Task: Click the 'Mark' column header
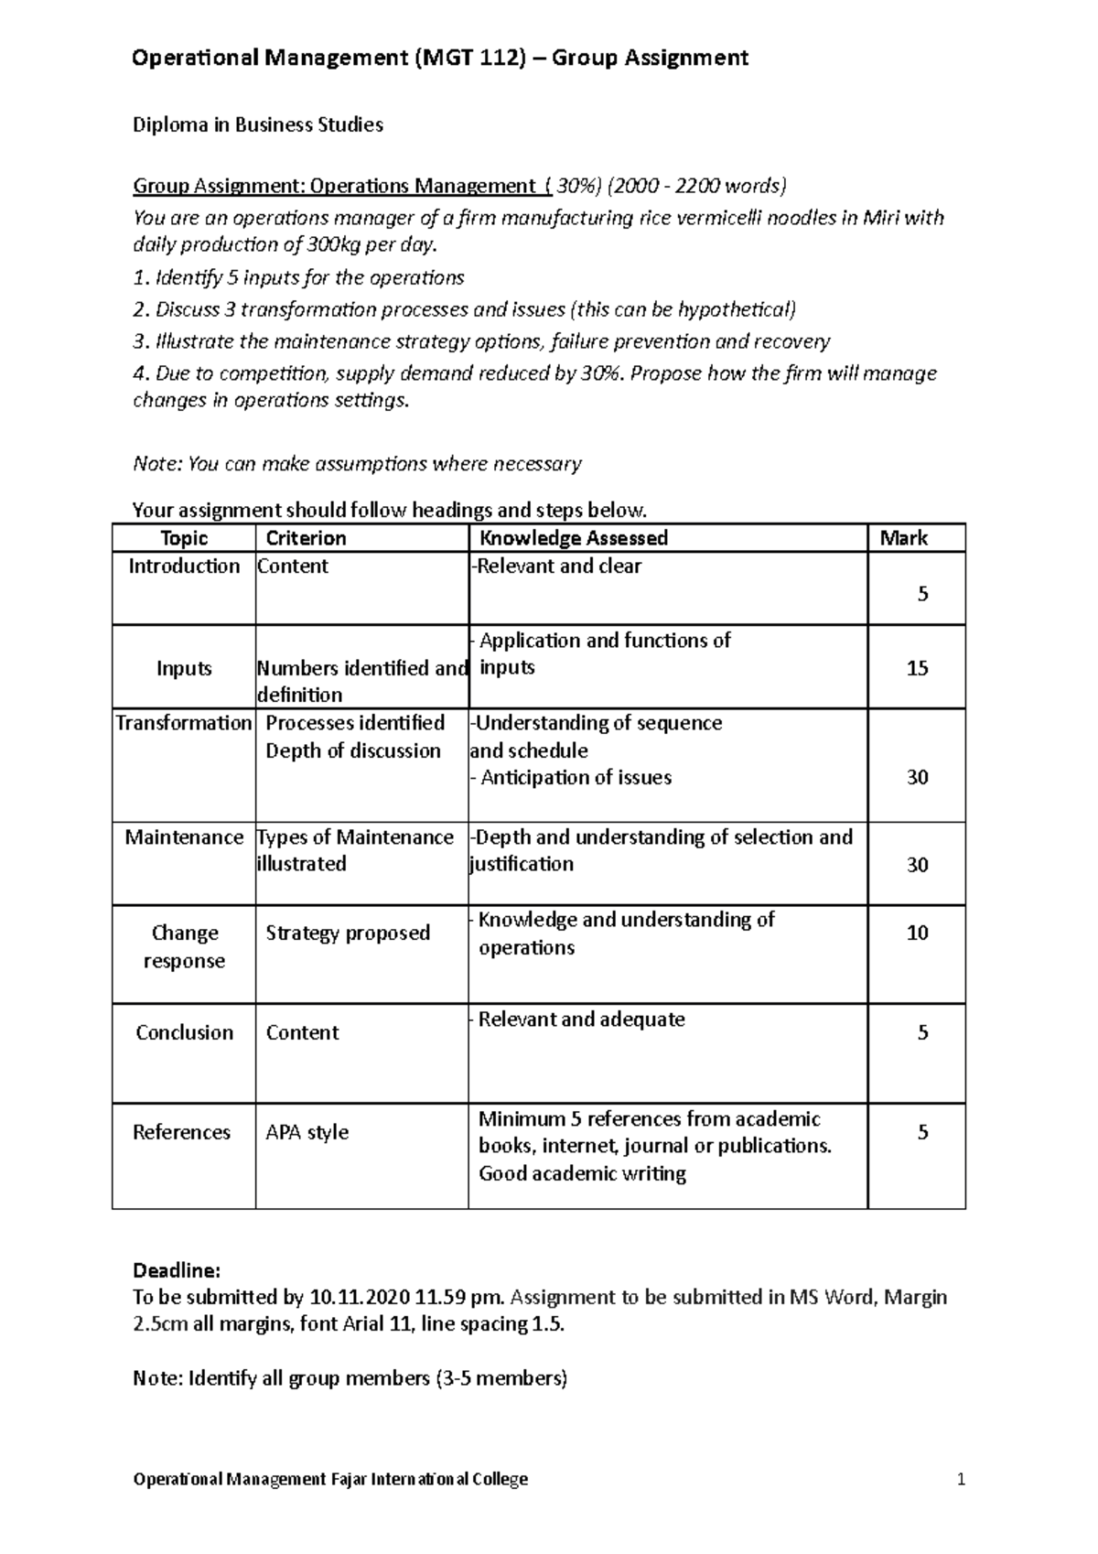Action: pyautogui.click(x=903, y=538)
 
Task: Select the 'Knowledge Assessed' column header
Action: pyautogui.click(x=574, y=538)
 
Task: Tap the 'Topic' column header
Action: pyautogui.click(x=184, y=538)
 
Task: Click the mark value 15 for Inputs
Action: pyautogui.click(x=917, y=668)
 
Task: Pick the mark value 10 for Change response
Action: pyautogui.click(x=917, y=933)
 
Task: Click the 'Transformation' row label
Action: pyautogui.click(x=184, y=723)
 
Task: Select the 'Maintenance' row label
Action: pyautogui.click(x=184, y=837)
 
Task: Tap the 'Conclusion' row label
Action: pyautogui.click(x=184, y=1032)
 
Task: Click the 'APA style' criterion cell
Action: pyautogui.click(x=307, y=1132)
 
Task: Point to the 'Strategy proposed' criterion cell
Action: pyautogui.click(x=347, y=933)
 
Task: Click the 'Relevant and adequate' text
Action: pyautogui.click(x=581, y=1020)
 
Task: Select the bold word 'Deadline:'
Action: pyautogui.click(x=177, y=1270)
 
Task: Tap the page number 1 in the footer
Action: pyautogui.click(x=961, y=1479)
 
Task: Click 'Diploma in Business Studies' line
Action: pyautogui.click(x=258, y=125)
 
